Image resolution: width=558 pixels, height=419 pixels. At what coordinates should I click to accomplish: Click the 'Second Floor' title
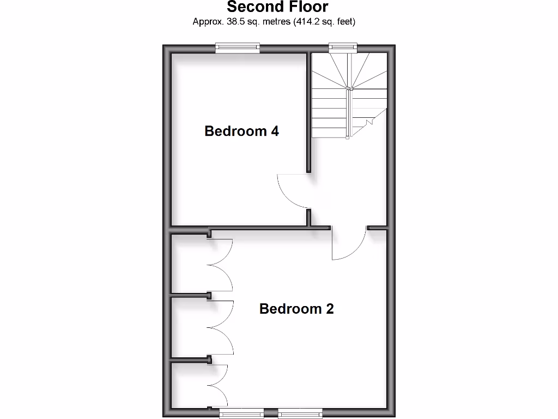click(277, 7)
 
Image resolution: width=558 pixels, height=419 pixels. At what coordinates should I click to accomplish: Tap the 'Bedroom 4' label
click(241, 131)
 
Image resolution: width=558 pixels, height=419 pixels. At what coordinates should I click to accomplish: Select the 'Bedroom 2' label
click(296, 309)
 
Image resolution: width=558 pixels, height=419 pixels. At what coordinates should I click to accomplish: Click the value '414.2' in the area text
click(309, 22)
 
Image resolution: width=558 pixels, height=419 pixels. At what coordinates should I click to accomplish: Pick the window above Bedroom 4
click(237, 49)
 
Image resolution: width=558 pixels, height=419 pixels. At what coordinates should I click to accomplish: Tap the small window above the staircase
click(343, 49)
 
